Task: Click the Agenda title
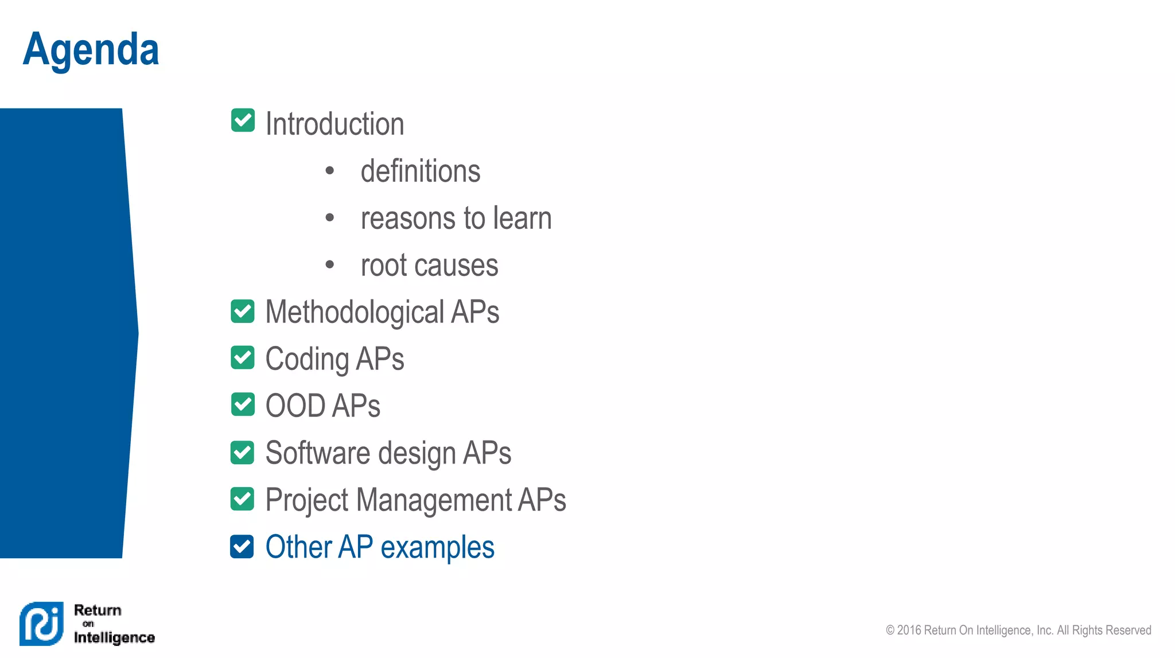click(91, 50)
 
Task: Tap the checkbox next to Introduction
click(243, 120)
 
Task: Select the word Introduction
click(334, 124)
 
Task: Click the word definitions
click(421, 171)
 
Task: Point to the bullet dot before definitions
click(329, 170)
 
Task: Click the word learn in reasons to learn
click(522, 218)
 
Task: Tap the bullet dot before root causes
click(329, 264)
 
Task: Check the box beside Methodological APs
click(243, 311)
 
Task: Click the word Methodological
click(355, 313)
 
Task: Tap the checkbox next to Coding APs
click(243, 358)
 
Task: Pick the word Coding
click(307, 360)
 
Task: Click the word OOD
click(295, 406)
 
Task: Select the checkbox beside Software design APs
click(243, 452)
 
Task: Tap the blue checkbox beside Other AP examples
click(242, 546)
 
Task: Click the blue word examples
click(437, 547)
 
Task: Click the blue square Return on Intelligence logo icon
click(41, 624)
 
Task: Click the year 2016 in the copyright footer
click(909, 630)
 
